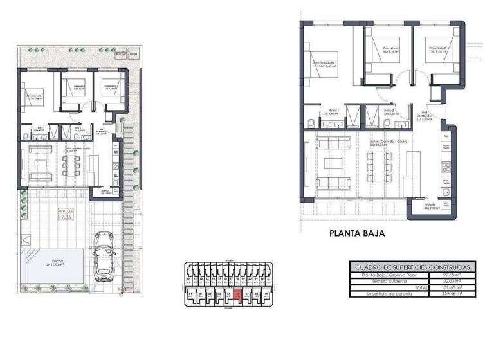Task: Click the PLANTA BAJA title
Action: point(356,234)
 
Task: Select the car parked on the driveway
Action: point(104,256)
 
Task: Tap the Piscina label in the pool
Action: point(54,261)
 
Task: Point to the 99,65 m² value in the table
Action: point(458,274)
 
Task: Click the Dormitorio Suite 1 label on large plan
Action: point(325,63)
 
